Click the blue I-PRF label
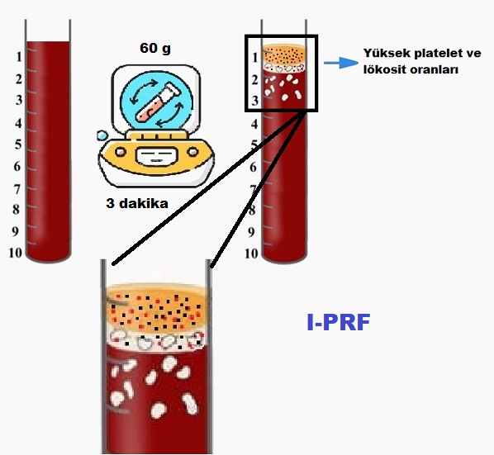click(x=339, y=322)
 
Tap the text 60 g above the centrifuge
click(x=155, y=48)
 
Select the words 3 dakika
click(x=137, y=203)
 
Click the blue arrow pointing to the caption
click(x=341, y=63)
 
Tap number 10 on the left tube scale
click(x=16, y=253)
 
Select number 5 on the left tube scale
click(x=19, y=145)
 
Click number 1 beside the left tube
click(x=19, y=57)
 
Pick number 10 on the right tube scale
click(x=251, y=254)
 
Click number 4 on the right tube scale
click(x=254, y=124)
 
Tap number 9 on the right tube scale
click(x=251, y=232)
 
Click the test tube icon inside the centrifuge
click(x=158, y=102)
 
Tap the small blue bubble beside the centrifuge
click(x=102, y=135)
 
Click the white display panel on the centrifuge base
click(x=157, y=156)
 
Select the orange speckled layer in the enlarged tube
click(x=157, y=309)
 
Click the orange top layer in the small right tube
click(x=284, y=55)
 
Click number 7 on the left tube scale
click(x=17, y=190)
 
